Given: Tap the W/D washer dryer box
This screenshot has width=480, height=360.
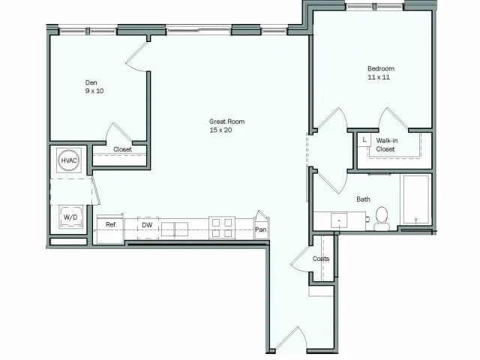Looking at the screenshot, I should point(70,217).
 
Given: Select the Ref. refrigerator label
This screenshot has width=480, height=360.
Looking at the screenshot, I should point(110,224).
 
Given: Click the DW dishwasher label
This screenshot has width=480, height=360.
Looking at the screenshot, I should point(147,224).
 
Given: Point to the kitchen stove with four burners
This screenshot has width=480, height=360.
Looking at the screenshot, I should point(221,227).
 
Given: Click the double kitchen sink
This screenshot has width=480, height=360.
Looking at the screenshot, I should point(175,228).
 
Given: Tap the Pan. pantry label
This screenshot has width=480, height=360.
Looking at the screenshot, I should point(261,230).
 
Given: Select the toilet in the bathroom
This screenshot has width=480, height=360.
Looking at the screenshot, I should point(382,217).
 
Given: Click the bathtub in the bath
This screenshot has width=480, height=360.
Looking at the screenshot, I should point(415,199).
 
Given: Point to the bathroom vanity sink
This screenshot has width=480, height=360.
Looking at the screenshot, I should point(340,220).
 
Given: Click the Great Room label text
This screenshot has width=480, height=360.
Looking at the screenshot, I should point(226,121).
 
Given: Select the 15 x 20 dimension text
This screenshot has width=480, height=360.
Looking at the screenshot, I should point(226,130).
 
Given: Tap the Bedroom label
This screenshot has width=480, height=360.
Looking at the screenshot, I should point(380,69).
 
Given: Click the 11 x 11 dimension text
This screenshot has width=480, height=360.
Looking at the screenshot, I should point(380,78).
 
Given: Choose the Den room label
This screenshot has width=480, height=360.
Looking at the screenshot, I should point(91,82).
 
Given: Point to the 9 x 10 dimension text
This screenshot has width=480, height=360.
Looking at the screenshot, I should point(94,91).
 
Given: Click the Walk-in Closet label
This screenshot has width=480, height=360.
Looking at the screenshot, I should point(385,145).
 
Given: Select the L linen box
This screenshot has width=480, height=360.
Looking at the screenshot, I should point(364,140).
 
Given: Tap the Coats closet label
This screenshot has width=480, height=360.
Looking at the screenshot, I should point(321,259).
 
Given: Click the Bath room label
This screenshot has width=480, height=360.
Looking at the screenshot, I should point(363,199).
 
